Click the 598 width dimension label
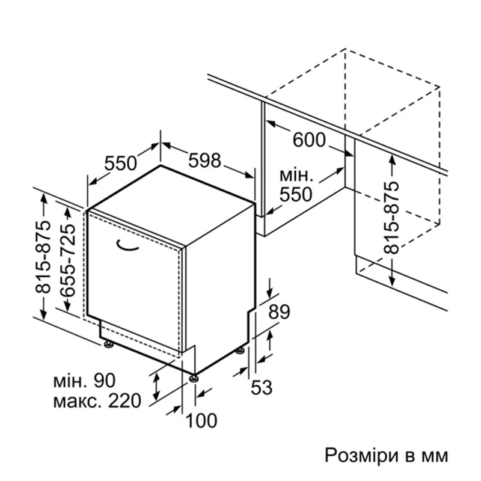[204, 160]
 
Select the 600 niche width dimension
[309, 140]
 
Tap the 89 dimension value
[279, 312]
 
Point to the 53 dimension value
[262, 387]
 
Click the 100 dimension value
[201, 420]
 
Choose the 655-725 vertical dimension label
[67, 260]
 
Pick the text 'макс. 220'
[97, 400]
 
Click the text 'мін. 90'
[85, 381]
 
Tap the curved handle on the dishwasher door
[127, 246]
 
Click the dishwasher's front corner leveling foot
[194, 378]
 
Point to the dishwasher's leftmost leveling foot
[109, 344]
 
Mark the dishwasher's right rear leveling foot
[240, 350]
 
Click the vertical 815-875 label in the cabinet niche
[392, 218]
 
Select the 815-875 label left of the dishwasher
[42, 257]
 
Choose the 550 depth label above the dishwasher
[121, 163]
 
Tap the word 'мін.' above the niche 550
[296, 175]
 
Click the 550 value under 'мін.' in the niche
[296, 194]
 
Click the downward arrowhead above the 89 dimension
[269, 295]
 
